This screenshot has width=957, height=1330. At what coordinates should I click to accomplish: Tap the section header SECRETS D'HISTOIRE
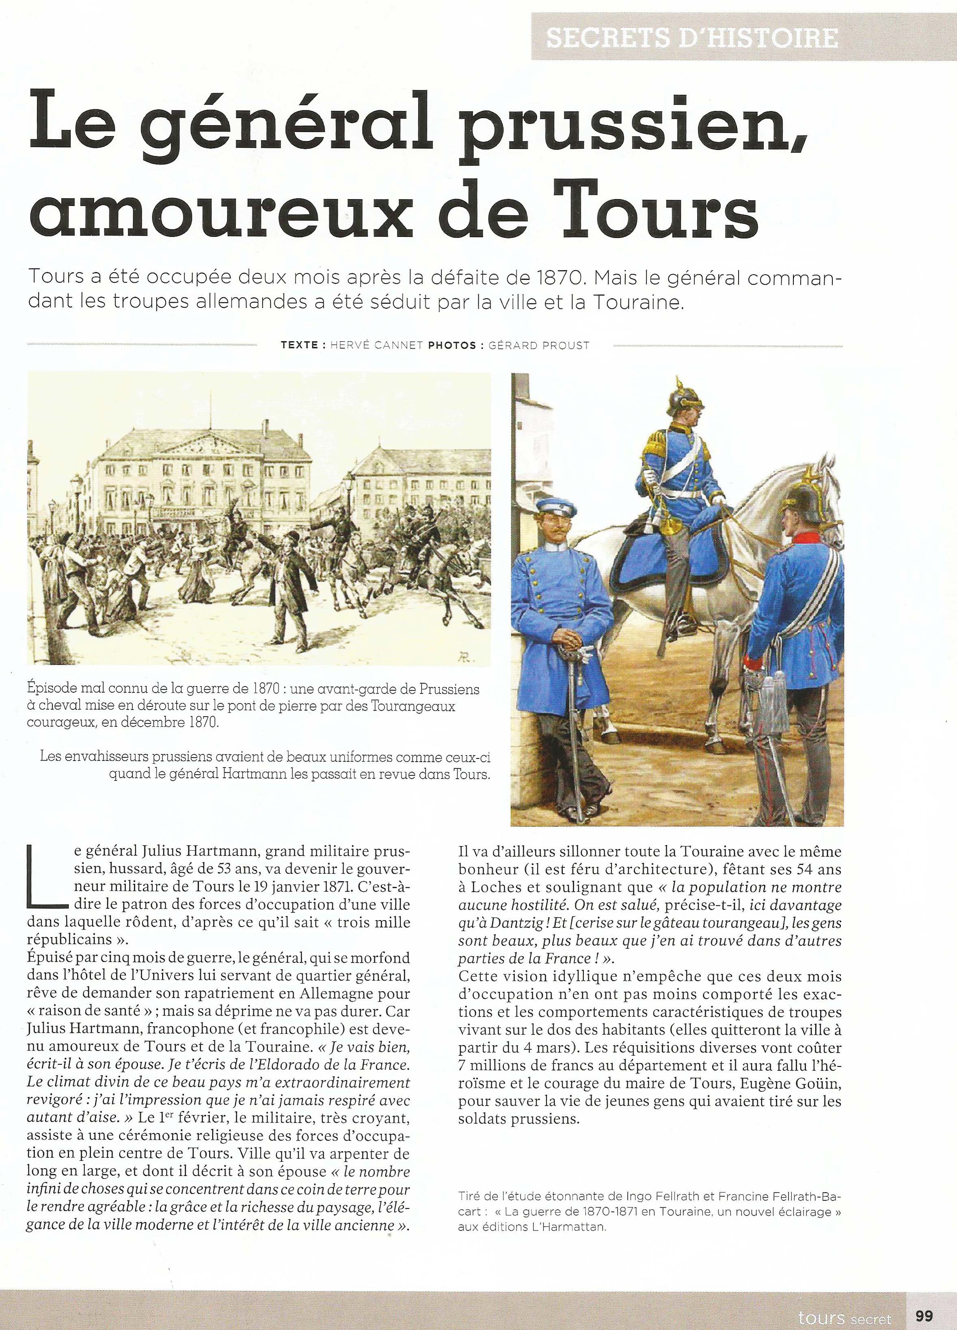pyautogui.click(x=691, y=38)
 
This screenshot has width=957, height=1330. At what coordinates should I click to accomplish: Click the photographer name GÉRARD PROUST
pyautogui.click(x=538, y=345)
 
